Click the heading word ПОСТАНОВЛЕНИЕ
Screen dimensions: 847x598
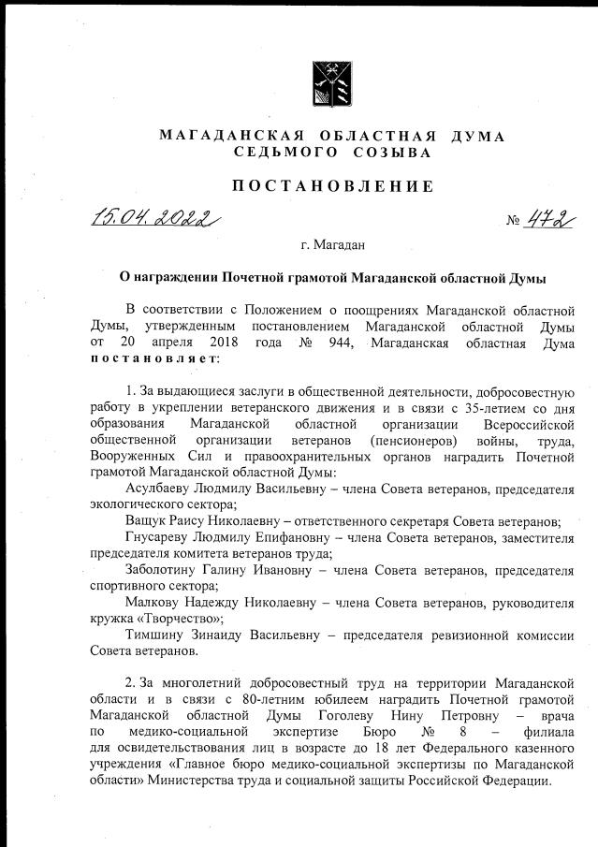(x=332, y=185)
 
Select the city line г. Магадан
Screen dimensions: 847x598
(x=333, y=245)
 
